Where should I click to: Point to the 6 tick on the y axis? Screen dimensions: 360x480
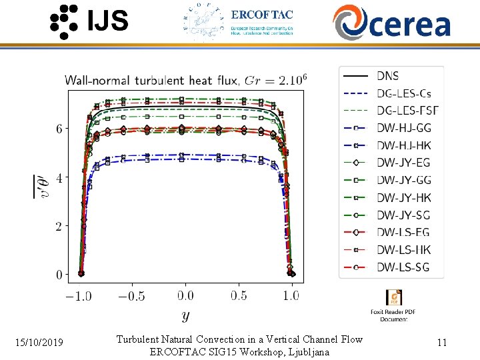59,129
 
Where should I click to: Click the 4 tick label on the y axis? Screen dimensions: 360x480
59,178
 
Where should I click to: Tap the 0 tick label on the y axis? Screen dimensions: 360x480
59,275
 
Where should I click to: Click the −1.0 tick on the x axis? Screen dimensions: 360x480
80,295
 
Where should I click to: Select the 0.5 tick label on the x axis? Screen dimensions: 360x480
239,295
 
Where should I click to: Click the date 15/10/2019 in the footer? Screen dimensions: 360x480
39,343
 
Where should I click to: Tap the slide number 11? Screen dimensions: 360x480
441,343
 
